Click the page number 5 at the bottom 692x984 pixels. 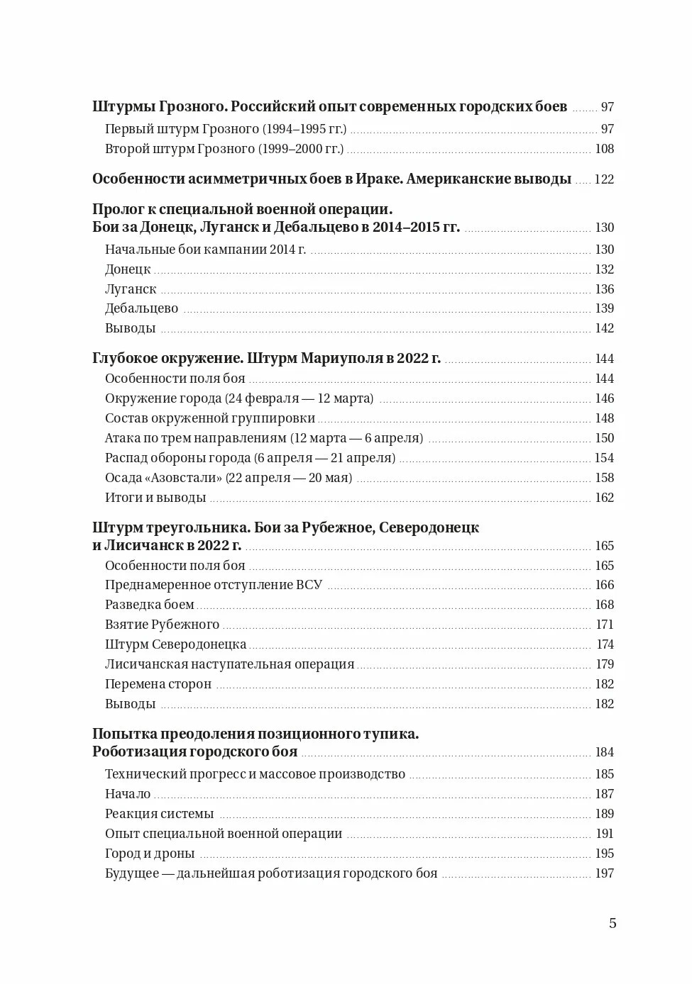click(613, 923)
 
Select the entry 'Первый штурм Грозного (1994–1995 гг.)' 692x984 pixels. click(225, 129)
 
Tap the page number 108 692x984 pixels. click(604, 149)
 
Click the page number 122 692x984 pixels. click(604, 179)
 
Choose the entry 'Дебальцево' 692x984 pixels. click(141, 308)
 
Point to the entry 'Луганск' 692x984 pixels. click(131, 289)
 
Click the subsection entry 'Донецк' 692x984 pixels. click(128, 269)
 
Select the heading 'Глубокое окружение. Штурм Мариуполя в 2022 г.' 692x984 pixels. click(266, 359)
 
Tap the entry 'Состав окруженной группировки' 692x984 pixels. click(209, 418)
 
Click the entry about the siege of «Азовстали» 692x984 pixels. click(228, 478)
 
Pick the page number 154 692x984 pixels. click(604, 458)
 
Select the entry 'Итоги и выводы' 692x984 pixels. click(155, 498)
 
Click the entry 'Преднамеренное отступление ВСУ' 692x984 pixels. click(213, 585)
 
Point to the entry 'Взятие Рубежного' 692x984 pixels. click(162, 625)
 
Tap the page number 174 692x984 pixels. click(605, 644)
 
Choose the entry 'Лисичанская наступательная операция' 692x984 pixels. click(229, 664)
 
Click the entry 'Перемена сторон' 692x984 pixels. click(158, 684)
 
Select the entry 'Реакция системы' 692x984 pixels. click(159, 814)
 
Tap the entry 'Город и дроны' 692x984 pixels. click(149, 854)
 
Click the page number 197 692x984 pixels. click(604, 873)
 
